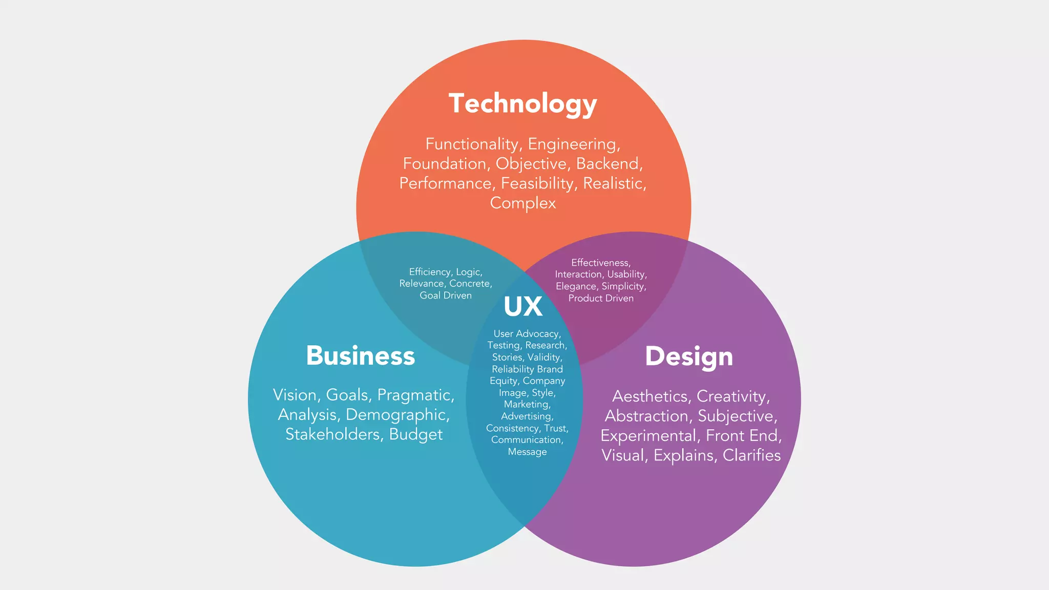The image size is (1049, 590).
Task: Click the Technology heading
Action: [522, 103]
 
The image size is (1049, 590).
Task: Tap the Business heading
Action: [360, 355]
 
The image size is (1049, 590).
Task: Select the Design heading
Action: [688, 356]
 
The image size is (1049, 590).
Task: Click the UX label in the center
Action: [523, 307]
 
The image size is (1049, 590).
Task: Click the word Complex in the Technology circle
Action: [522, 203]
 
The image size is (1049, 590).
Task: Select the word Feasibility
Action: [538, 183]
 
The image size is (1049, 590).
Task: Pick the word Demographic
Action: [397, 415]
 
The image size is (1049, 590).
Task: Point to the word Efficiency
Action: [430, 272]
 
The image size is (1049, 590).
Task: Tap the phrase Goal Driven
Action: [446, 296]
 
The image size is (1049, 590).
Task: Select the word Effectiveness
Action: [600, 263]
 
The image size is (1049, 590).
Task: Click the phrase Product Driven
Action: [601, 298]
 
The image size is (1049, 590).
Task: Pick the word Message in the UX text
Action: [527, 452]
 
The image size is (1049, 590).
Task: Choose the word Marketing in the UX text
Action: [527, 405]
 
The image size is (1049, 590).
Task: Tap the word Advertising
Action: [527, 416]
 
